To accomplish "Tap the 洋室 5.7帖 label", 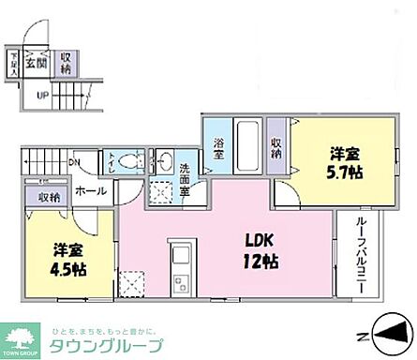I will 344,163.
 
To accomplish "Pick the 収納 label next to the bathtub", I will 277,147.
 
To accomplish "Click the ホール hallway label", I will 90,191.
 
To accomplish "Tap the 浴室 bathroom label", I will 217,148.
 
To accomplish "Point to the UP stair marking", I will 43,94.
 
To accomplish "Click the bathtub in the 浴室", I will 247,145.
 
